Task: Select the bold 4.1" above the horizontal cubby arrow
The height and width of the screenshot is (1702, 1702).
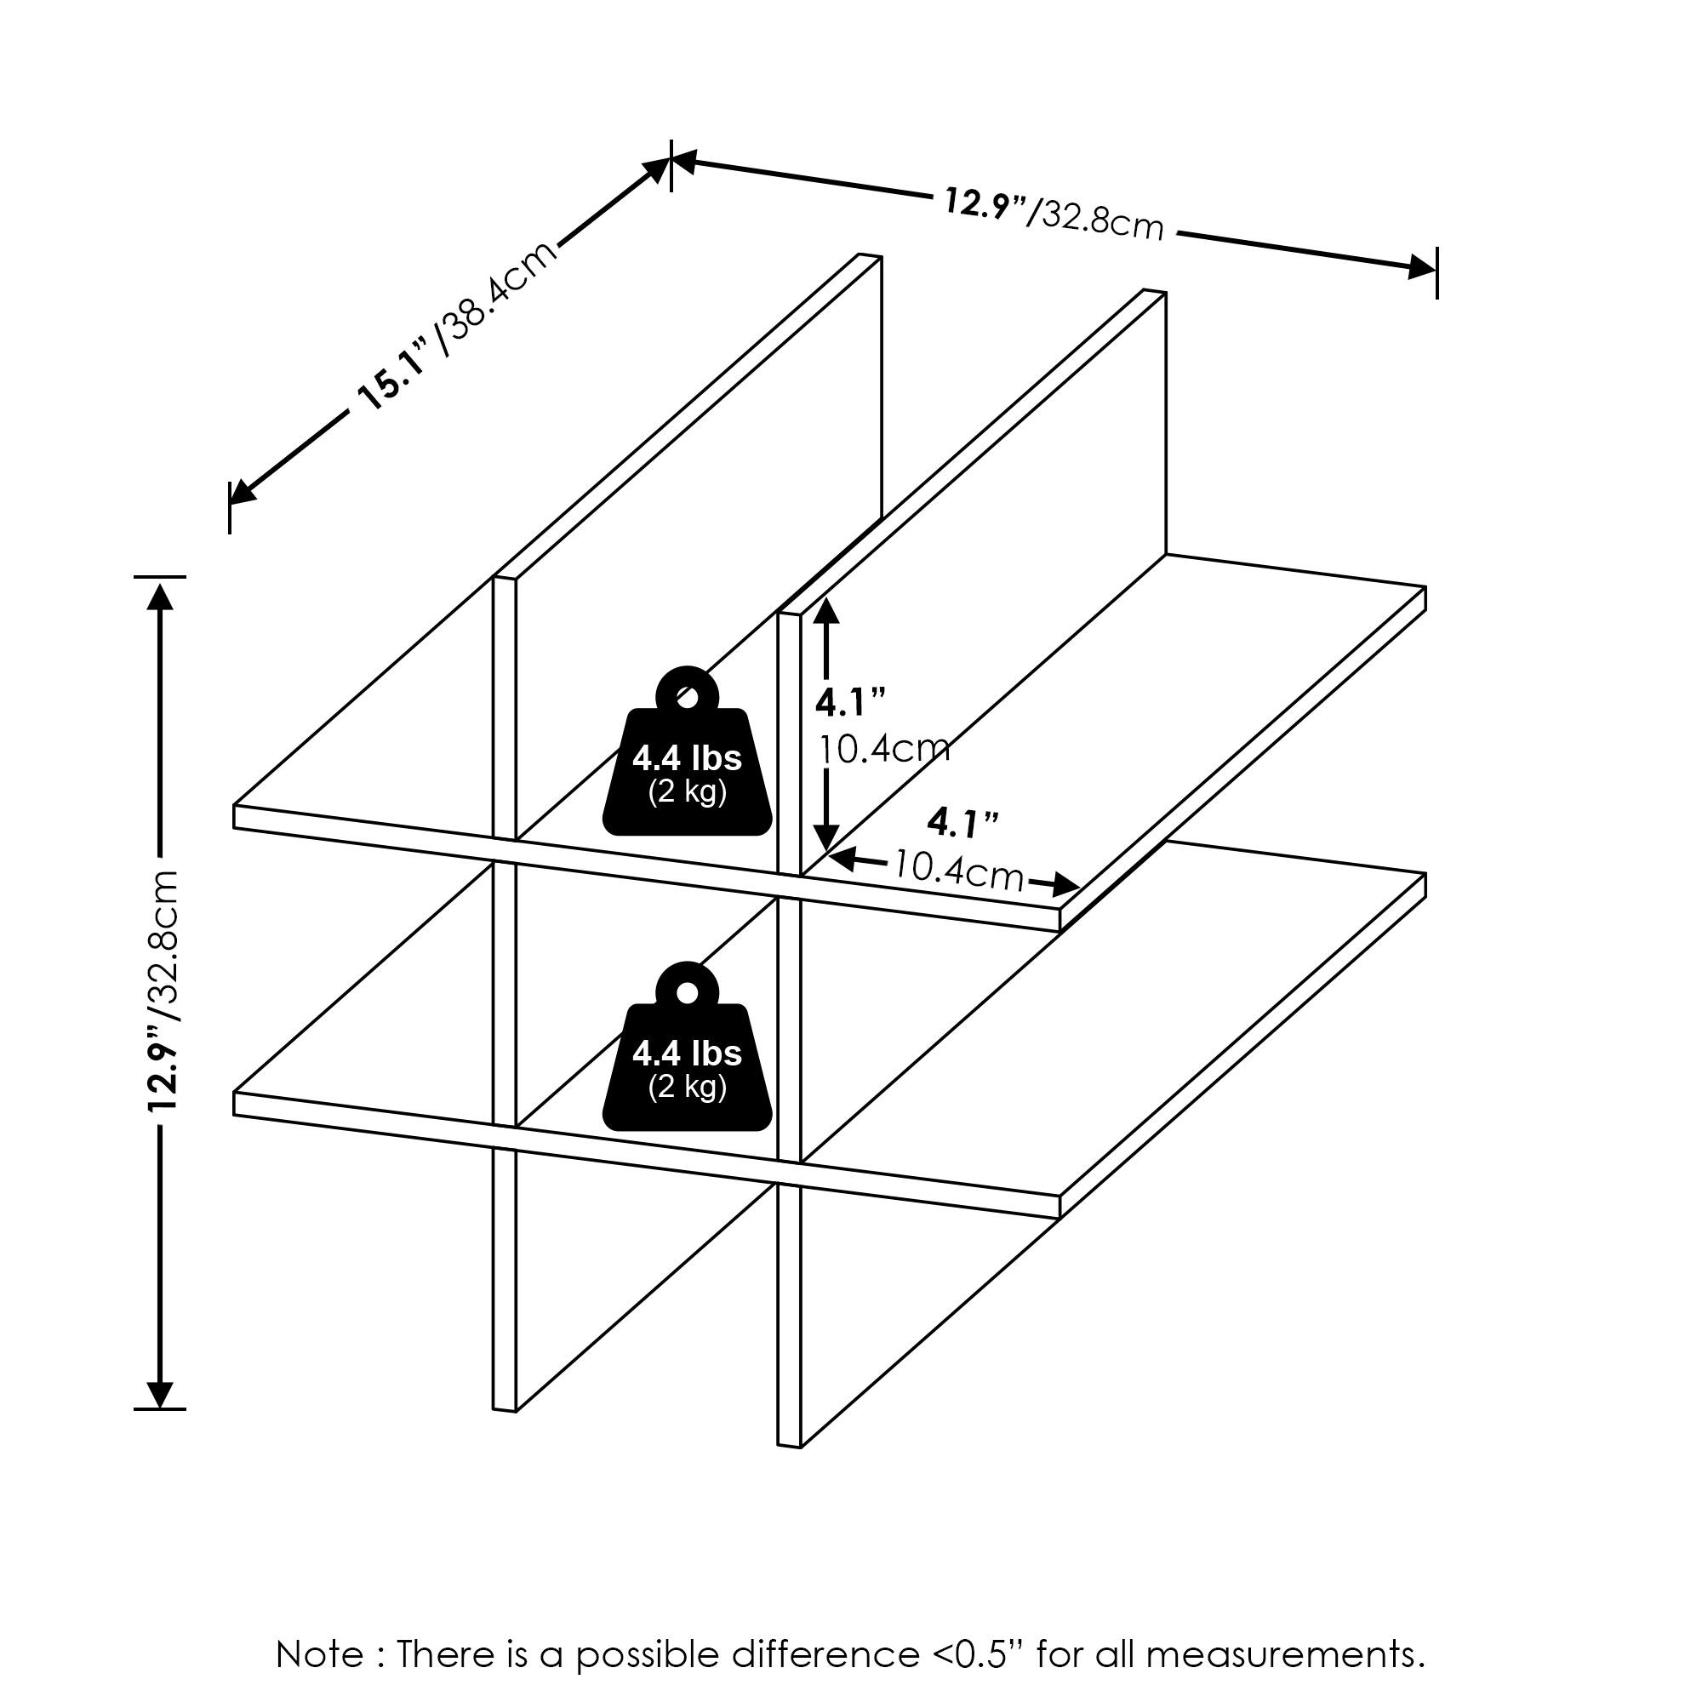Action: coord(962,824)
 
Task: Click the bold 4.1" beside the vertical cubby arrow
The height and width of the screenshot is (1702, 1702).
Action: coord(850,703)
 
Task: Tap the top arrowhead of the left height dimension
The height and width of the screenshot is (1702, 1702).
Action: coord(159,597)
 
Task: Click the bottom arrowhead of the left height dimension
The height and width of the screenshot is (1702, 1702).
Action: coord(159,1394)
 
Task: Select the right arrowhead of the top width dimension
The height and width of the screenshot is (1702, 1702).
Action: coord(1421,267)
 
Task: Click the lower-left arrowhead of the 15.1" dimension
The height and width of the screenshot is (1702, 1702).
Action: coord(243,493)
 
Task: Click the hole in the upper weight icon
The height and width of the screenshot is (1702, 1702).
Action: coord(687,698)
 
